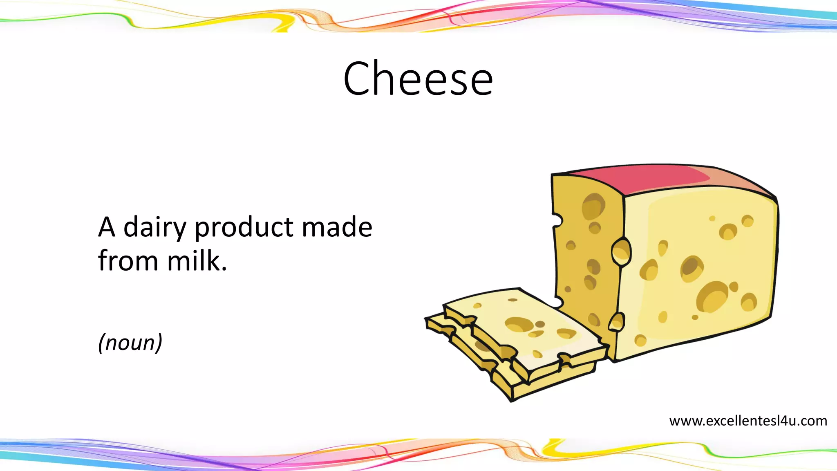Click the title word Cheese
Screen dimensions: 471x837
point(418,78)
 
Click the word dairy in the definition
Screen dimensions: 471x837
point(154,227)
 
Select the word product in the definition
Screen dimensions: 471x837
point(244,228)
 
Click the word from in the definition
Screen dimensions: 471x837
point(128,261)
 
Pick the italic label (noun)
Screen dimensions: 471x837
point(130,342)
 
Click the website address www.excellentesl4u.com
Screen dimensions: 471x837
point(748,421)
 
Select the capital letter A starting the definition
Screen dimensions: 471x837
point(106,227)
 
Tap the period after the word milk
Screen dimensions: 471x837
point(224,270)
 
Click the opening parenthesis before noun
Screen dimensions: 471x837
point(101,342)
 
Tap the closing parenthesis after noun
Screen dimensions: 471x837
point(159,342)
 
